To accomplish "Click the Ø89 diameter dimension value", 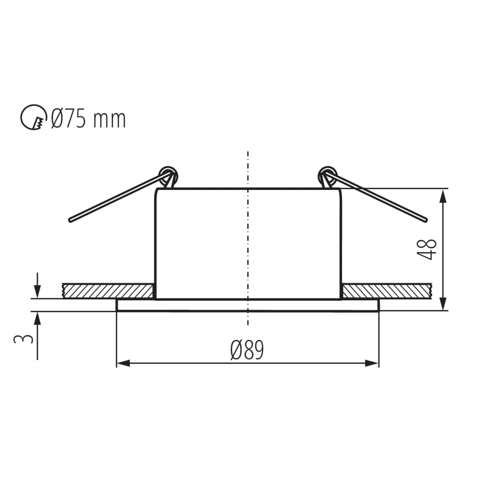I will [247, 350].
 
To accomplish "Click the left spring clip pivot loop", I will [168, 174].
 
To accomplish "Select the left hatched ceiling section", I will [108, 291].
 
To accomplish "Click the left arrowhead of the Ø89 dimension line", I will [121, 363].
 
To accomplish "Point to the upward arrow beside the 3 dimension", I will [37, 317].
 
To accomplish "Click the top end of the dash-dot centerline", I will [248, 153].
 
